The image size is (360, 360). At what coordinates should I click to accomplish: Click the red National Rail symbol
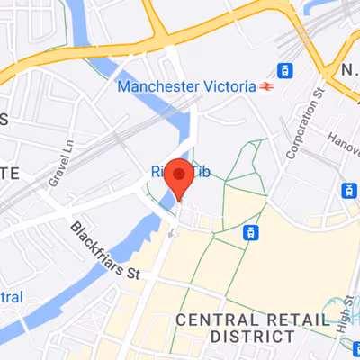click(x=266, y=87)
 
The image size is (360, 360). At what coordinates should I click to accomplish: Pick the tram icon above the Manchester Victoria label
click(x=285, y=70)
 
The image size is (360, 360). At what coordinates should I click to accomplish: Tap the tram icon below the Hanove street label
click(x=348, y=190)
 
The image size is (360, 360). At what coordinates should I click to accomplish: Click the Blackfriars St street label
click(x=106, y=251)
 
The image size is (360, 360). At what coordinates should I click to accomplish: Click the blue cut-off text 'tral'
click(x=10, y=297)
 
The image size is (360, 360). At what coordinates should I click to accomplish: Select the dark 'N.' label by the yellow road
click(x=347, y=69)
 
